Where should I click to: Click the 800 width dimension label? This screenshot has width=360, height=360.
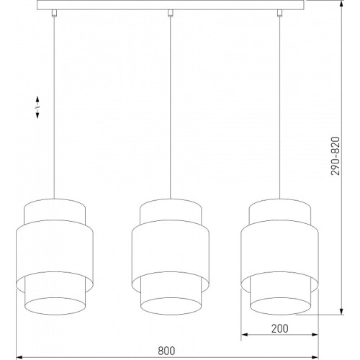click(166, 351)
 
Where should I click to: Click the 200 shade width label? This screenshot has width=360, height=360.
click(280, 328)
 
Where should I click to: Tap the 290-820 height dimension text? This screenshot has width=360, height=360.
click(336, 156)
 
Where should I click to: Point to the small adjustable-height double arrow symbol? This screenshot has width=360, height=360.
click(37, 107)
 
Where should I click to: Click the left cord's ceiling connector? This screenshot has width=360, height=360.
click(54, 14)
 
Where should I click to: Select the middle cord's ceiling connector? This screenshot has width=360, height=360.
click(170, 14)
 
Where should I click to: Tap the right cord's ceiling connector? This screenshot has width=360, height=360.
click(279, 14)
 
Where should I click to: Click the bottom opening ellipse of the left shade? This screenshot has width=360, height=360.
click(55, 298)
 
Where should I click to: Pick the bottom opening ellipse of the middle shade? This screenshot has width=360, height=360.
click(171, 298)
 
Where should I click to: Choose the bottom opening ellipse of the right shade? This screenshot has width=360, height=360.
click(280, 298)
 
